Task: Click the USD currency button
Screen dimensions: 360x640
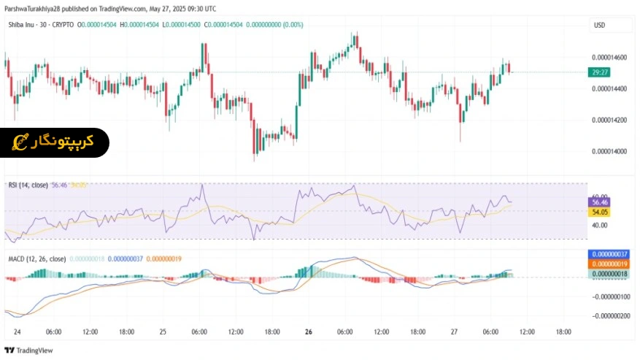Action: [600, 25]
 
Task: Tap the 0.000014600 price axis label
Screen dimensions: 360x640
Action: [610, 57]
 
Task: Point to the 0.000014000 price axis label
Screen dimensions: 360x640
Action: [610, 151]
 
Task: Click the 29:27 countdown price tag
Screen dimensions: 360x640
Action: [601, 72]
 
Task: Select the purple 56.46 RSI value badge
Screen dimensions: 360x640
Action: [599, 202]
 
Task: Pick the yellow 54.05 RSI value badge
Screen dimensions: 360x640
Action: [599, 211]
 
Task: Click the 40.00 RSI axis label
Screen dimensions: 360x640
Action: [600, 226]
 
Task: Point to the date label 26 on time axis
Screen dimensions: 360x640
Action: [309, 332]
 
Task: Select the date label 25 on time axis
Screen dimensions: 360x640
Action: [163, 332]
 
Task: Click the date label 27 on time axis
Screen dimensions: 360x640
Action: [454, 332]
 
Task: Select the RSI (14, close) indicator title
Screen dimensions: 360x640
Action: [28, 185]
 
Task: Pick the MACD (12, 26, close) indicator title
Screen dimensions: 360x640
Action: [36, 258]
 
